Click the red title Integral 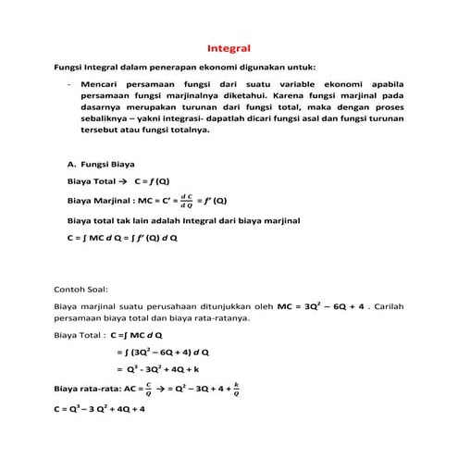pos(229,47)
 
